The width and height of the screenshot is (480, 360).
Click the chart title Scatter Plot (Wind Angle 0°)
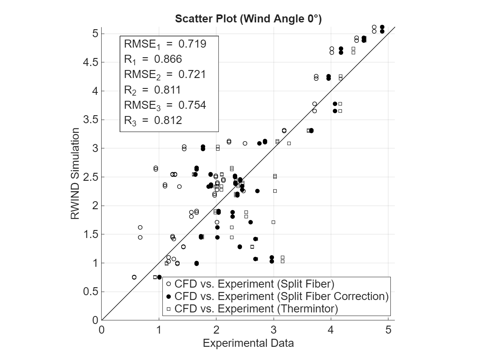pos(248,19)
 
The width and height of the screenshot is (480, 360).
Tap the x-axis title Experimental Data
pos(248,343)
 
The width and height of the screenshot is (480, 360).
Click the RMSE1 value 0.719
pos(192,44)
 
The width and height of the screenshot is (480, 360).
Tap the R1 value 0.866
pos(168,60)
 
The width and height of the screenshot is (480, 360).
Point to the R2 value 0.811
pos(168,90)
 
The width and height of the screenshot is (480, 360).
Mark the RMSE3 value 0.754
pos(192,105)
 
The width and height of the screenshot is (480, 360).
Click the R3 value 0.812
pos(168,120)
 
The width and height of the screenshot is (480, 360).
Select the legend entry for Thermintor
pos(256,309)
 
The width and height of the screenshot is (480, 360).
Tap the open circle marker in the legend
pos(169,284)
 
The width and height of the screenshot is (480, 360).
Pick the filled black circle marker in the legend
pos(169,296)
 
